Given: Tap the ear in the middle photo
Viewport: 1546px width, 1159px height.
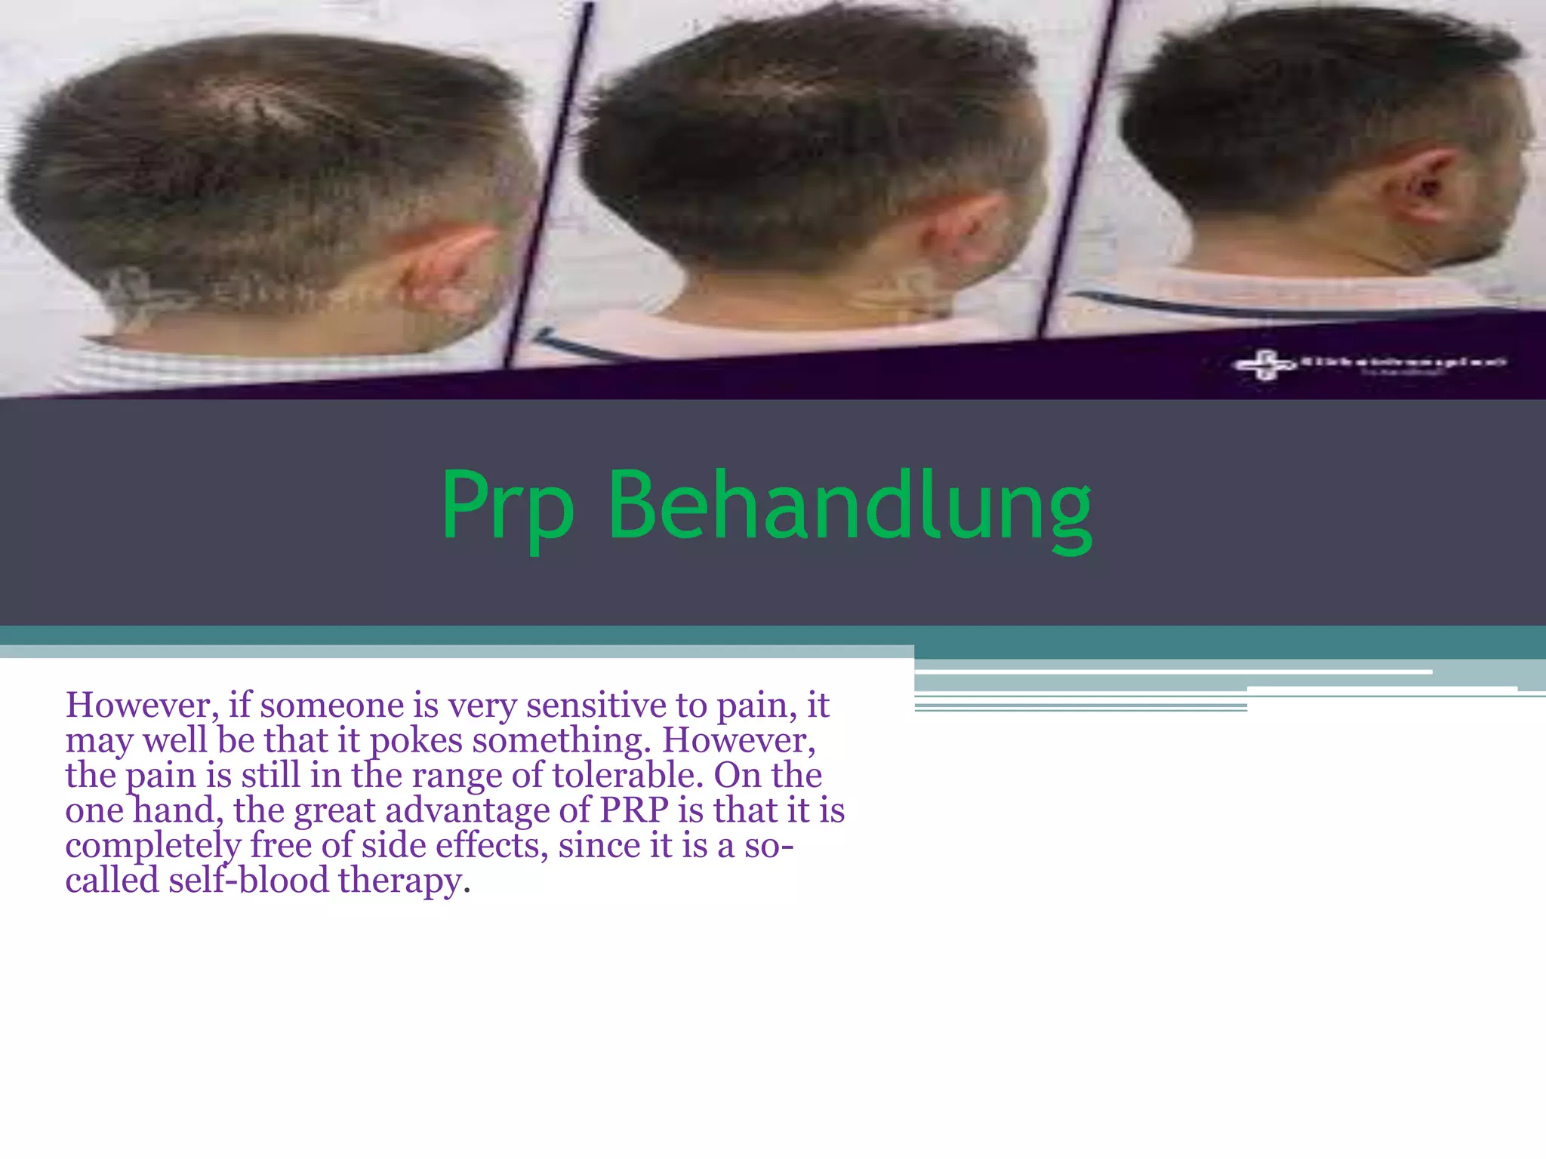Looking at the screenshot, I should tap(962, 226).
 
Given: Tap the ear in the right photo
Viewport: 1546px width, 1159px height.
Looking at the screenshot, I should tap(1423, 185).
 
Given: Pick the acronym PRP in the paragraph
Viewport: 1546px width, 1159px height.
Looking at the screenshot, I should tap(634, 810).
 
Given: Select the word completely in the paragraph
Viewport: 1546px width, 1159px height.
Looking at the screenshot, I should tap(152, 846).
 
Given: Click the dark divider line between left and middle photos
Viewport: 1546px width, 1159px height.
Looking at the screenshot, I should tap(547, 189).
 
